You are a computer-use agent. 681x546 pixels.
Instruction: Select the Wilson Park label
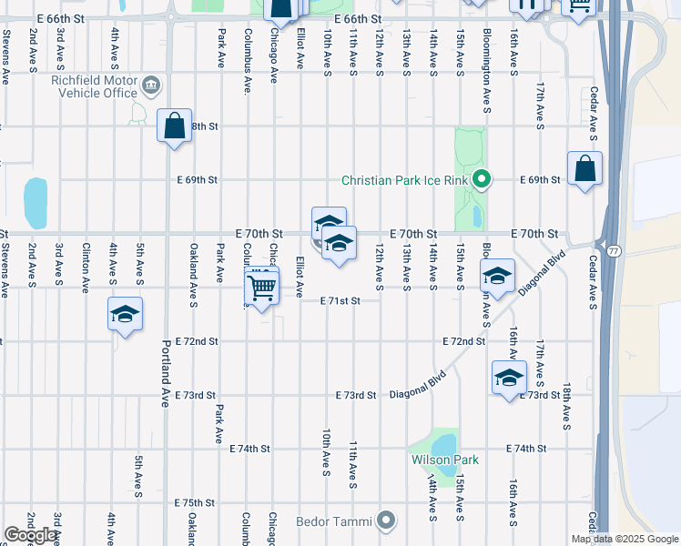click(x=443, y=460)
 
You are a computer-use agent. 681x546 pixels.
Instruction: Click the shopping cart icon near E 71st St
click(x=262, y=288)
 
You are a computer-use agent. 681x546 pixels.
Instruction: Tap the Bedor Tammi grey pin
click(x=387, y=521)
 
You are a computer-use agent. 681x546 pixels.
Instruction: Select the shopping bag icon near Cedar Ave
click(x=584, y=168)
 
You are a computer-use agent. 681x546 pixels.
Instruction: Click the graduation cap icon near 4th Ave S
click(x=125, y=314)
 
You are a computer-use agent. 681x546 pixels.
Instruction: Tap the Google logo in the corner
click(x=30, y=535)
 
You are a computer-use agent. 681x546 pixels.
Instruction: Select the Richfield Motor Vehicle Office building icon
click(x=151, y=86)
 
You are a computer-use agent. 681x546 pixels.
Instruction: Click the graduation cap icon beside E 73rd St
click(x=509, y=377)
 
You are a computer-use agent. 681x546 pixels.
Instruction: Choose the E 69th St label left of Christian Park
click(x=198, y=180)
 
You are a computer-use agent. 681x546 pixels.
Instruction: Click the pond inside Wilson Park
click(x=444, y=444)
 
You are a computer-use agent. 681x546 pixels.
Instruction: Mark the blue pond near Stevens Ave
click(x=36, y=202)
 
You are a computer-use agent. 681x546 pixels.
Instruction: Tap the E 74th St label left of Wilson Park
click(x=250, y=449)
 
